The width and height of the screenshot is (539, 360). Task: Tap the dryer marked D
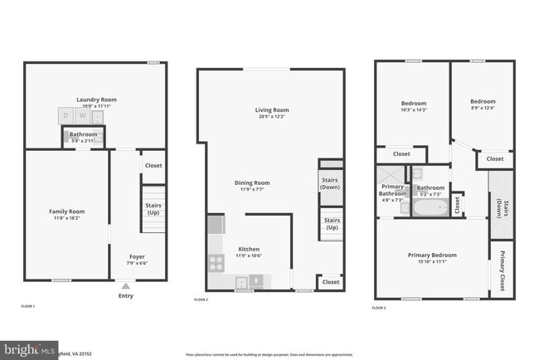[66, 117]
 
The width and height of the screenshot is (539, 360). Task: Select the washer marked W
[81, 117]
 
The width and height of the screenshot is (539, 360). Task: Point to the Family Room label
[66, 212]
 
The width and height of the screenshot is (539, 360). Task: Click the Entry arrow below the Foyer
[126, 285]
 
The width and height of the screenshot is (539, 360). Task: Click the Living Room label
[271, 109]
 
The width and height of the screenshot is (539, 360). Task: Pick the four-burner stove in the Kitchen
[216, 263]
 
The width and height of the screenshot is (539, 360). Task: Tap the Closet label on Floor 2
[331, 282]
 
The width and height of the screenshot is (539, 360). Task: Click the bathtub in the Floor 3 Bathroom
[430, 207]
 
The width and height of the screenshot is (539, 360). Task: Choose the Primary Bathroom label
[392, 190]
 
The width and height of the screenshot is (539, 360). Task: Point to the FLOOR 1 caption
[28, 307]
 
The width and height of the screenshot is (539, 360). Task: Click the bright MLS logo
[25, 350]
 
